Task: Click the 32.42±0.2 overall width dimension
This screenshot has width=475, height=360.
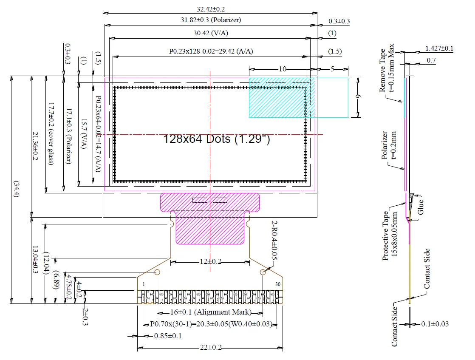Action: coord(211,9)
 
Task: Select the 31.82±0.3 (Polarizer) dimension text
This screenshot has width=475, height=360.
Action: coord(210,20)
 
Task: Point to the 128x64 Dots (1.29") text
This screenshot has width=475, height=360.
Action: coord(217,139)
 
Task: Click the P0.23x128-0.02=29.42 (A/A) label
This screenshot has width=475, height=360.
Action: coord(211,51)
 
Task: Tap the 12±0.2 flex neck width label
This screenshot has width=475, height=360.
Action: coord(210,261)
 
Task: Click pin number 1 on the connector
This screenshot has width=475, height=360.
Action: coord(144,284)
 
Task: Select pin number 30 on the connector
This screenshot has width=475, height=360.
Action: coord(277,284)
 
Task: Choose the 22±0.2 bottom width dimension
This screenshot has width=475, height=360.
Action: coord(210,347)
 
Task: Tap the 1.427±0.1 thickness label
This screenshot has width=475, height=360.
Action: coord(439,48)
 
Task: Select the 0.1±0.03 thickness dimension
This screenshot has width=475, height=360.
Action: coord(435,324)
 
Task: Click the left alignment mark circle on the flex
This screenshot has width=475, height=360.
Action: coord(158,272)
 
